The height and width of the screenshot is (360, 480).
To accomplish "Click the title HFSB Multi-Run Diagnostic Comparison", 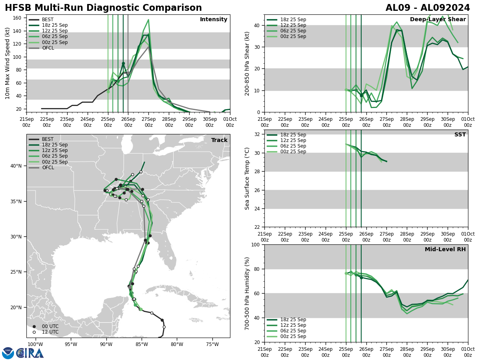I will point(103,8).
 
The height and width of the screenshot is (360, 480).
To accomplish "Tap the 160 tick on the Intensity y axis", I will point(18,18).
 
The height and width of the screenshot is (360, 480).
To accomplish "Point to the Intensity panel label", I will point(213,20).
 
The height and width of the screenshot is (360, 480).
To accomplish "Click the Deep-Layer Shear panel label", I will point(438,20).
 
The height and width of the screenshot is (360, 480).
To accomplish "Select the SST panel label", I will point(460,135).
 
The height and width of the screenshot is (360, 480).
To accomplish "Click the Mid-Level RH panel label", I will point(445,250).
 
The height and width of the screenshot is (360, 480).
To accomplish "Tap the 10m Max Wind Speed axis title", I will point(8,63).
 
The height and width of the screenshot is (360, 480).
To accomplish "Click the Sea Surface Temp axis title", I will point(247,178).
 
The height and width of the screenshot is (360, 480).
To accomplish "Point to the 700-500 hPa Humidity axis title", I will point(247,293).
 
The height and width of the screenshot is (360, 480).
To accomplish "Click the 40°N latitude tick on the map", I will point(17,166).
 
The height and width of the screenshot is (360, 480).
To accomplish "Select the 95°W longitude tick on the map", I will point(70,344).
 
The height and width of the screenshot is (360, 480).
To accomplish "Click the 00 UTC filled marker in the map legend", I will point(34,326).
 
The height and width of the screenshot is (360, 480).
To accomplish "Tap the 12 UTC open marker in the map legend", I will point(34,332).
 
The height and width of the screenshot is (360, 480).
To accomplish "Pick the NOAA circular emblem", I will point(8,353).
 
